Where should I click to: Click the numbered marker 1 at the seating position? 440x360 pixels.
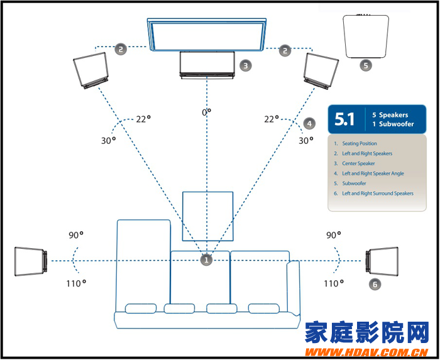tap(206, 259)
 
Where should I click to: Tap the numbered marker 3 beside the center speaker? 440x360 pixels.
tap(246, 65)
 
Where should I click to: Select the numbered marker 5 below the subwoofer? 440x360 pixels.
tap(365, 64)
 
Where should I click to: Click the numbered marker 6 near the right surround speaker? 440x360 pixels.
tap(375, 285)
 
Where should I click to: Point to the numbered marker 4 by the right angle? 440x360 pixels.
tap(308, 123)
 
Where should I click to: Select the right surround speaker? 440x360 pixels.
tap(382, 261)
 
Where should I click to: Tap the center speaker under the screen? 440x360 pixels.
tap(207, 65)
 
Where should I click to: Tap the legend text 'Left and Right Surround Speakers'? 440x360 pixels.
tap(378, 194)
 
